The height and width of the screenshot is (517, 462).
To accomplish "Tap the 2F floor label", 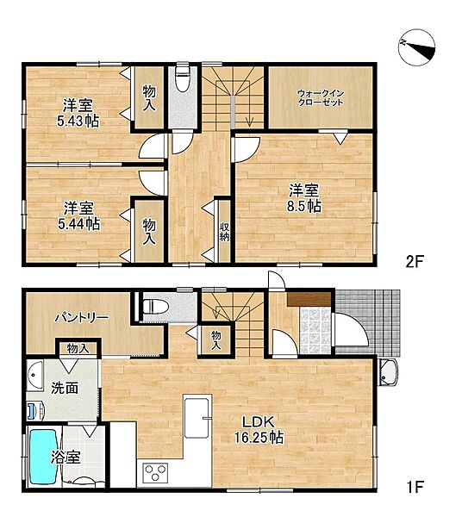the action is [x=415, y=262].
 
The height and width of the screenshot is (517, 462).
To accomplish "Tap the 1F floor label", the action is [x=415, y=487].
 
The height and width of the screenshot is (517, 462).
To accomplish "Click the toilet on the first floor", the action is [x=156, y=306].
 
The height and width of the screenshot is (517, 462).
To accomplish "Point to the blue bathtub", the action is [x=44, y=457].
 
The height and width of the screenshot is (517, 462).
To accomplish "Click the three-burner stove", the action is [x=155, y=472].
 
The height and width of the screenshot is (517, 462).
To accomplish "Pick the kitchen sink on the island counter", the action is [x=197, y=417].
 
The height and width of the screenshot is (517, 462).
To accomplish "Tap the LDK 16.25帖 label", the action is [x=259, y=429].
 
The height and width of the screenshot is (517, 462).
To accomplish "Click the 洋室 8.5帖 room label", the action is [x=304, y=198].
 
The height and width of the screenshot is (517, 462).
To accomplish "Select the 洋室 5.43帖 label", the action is [x=78, y=113].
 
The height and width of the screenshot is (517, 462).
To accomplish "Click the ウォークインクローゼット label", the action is [x=321, y=97].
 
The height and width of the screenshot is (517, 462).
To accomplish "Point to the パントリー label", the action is [x=81, y=317].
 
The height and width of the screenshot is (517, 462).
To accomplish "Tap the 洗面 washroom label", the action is [x=65, y=388].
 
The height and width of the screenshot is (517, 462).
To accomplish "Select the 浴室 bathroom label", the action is [x=66, y=458].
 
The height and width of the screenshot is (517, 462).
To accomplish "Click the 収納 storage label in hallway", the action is [x=224, y=232].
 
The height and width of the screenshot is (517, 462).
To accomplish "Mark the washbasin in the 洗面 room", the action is [x=34, y=376].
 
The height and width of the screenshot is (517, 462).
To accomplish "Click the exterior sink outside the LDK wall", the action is [x=389, y=372].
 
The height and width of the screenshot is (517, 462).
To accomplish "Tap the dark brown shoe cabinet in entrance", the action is [x=309, y=300].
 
